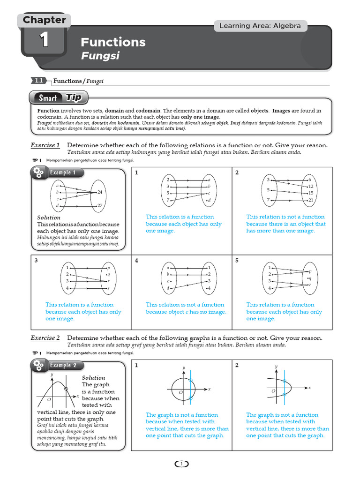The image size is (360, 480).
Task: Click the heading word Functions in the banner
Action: pos(113,42)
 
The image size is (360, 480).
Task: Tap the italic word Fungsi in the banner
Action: pos(100,56)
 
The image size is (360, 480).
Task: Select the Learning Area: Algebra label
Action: pos(260,26)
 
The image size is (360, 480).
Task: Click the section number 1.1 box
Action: pos(39,81)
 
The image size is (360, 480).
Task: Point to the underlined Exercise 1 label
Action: pos(45,145)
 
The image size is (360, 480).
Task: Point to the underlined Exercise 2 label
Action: pos(45,338)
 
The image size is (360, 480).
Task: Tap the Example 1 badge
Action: pos(58,173)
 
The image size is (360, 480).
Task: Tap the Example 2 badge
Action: pos(58,366)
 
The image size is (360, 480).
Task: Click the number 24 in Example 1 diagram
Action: pos(99,193)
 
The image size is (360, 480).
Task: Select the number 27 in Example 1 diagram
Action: pos(99,206)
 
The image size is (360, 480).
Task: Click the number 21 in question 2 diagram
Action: pos(310,200)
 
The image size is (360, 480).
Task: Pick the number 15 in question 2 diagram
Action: pos(310,193)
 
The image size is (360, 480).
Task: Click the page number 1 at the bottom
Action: pos(181,464)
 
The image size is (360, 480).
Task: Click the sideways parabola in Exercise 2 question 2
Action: pos(286,388)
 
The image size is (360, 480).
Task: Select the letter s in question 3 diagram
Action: pos(108,288)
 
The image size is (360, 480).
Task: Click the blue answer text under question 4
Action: pos(186,308)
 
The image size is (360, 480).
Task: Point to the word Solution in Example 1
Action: pos(49,217)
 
